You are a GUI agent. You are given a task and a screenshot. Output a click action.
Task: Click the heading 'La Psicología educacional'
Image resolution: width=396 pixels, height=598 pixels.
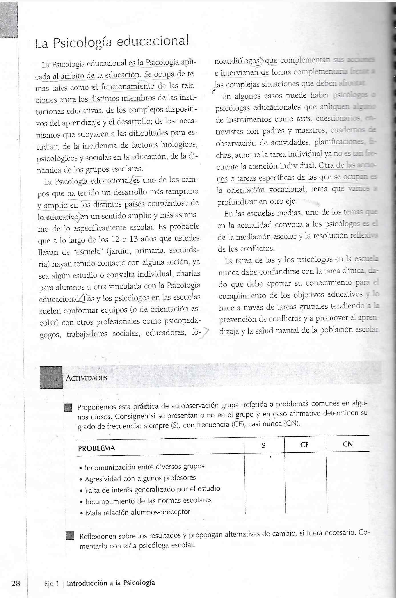pos(112,43)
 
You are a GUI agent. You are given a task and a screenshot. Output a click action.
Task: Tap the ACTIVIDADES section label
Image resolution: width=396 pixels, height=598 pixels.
pos(86,378)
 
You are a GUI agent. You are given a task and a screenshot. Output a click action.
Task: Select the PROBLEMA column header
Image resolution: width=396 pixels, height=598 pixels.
pos(97,448)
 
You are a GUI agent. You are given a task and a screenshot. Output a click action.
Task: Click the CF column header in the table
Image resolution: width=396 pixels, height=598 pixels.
pos(304,445)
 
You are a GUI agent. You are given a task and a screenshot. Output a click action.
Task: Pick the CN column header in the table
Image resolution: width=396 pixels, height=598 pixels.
pos(347,444)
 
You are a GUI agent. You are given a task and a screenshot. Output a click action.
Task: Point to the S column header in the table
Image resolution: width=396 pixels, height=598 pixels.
pos(264,445)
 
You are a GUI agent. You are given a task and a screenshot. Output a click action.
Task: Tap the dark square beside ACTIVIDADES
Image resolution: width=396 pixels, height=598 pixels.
pos(51,377)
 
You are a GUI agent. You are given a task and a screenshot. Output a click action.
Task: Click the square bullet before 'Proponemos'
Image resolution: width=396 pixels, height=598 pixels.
pos(68,408)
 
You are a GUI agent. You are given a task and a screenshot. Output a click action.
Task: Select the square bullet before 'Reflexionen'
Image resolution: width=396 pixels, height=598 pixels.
pos(70,536)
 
